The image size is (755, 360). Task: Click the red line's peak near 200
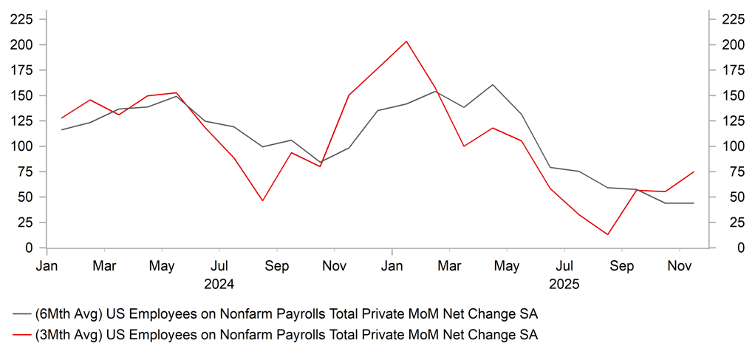pos(406,41)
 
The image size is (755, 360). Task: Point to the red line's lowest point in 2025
pos(607,234)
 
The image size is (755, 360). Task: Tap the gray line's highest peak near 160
pos(493,84)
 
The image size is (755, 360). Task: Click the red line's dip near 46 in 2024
pos(262,200)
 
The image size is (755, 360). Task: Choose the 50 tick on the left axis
pos(27,197)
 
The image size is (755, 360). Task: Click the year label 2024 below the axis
pos(219,283)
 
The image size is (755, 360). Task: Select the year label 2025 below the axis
pos(564,283)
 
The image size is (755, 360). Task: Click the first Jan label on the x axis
pos(47,265)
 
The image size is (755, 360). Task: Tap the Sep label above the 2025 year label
pos(622,265)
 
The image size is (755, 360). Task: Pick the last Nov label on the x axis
pos(680,265)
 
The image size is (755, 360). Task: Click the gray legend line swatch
pos(19,314)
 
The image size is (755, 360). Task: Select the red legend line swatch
pos(19,335)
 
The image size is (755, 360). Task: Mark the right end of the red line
pos(694,171)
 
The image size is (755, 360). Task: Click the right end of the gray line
pos(694,203)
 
